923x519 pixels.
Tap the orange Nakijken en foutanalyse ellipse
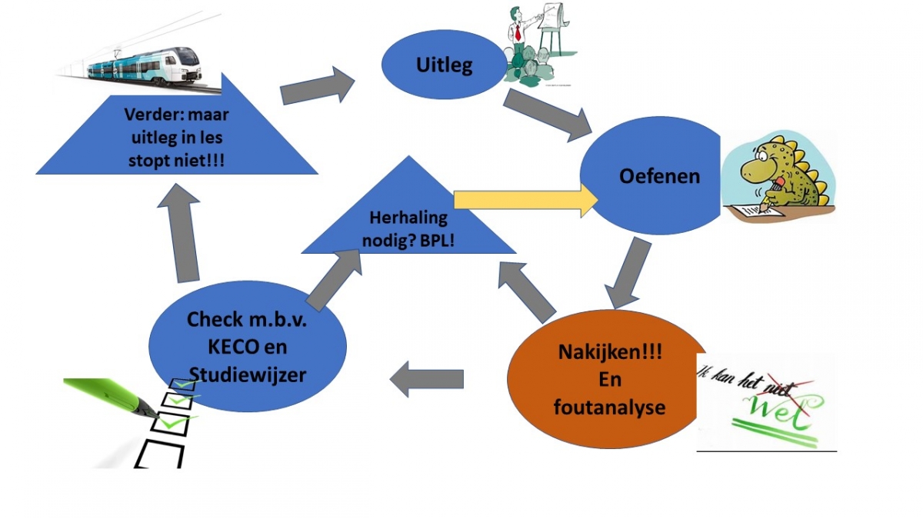pyautogui.click(x=608, y=381)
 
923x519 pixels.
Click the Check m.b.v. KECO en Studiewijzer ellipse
pyautogui.click(x=246, y=346)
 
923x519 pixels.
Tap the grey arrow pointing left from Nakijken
pyautogui.click(x=427, y=379)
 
